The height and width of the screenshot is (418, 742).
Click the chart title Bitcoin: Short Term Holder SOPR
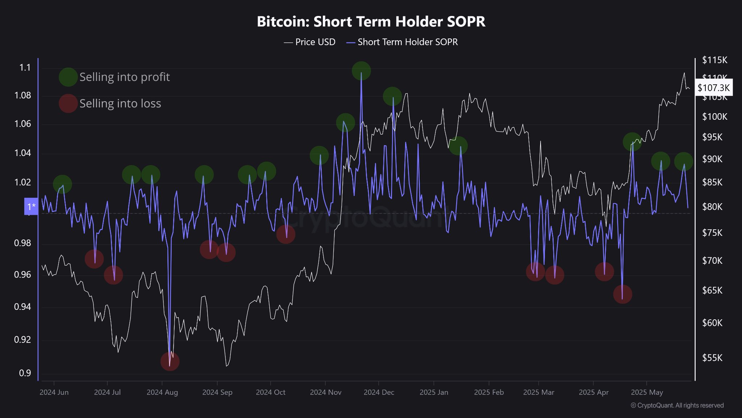[371, 22]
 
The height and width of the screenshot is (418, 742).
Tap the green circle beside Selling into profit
[68, 77]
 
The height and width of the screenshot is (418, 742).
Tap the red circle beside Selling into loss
[68, 103]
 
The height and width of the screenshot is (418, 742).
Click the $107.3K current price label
[713, 87]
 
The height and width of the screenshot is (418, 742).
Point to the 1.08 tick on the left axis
[22, 95]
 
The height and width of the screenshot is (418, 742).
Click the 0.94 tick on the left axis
[22, 307]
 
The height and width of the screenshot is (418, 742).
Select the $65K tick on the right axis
[712, 290]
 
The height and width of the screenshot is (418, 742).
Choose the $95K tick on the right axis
[712, 137]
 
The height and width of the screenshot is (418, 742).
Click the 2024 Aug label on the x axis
[162, 392]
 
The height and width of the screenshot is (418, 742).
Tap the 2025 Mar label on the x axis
[538, 392]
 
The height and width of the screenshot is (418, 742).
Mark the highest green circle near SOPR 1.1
[361, 71]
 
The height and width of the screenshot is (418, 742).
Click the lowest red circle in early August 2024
[170, 361]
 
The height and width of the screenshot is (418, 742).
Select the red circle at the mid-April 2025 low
[622, 294]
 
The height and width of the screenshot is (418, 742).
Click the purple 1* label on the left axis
[31, 206]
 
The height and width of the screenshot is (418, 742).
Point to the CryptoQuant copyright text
[677, 405]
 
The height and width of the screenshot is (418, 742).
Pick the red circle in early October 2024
[286, 234]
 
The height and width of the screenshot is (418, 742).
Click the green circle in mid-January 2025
[458, 146]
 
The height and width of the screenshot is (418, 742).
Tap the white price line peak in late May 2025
[684, 73]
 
